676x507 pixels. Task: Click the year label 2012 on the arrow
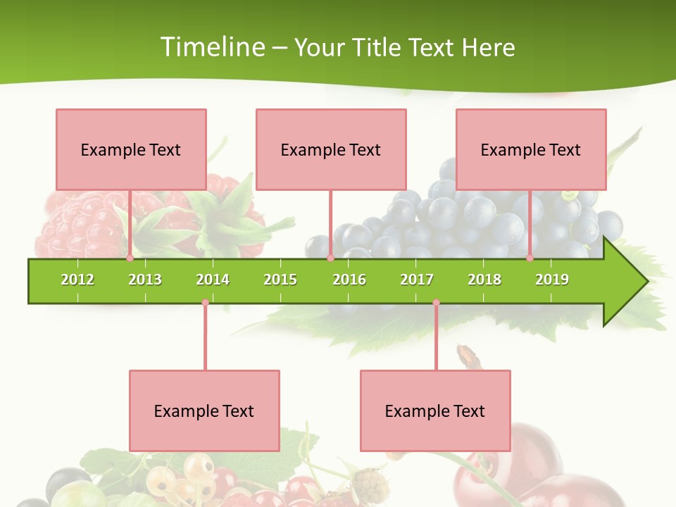[77, 280]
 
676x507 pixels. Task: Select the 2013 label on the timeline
[145, 280]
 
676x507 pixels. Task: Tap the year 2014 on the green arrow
[213, 280]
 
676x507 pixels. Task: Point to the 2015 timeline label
[280, 280]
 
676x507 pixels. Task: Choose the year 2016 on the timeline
[349, 280]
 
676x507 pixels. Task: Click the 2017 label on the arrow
[417, 280]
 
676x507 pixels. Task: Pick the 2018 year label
[484, 280]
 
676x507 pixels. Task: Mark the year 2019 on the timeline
[552, 280]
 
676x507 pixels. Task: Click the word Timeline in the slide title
[212, 47]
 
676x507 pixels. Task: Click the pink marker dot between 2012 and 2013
[130, 258]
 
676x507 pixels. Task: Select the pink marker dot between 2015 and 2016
[330, 258]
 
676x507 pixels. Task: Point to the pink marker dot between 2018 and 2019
[530, 258]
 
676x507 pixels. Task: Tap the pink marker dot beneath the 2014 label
[205, 303]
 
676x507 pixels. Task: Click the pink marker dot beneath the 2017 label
[436, 303]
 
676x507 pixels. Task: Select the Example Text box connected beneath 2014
[204, 411]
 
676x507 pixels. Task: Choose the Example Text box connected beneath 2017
[435, 411]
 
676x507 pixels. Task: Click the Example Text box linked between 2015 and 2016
[331, 149]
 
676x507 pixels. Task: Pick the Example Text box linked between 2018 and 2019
[531, 149]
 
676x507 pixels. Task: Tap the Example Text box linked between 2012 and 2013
[131, 149]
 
